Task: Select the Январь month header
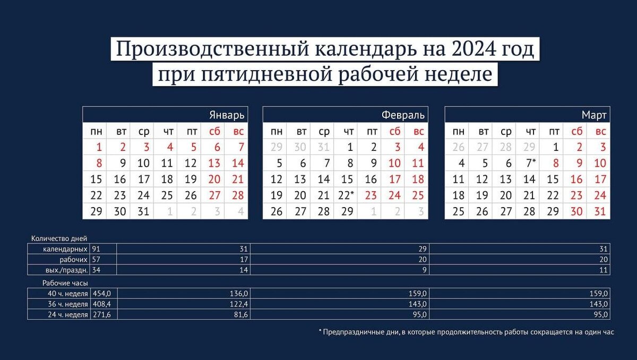(x=227, y=115)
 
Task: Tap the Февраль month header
(x=403, y=115)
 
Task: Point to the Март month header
(x=595, y=115)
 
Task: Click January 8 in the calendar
(x=96, y=163)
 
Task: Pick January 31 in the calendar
(x=143, y=211)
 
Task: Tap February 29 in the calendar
(x=348, y=211)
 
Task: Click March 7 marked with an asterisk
(x=530, y=163)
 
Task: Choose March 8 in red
(x=553, y=163)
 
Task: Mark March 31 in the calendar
(x=600, y=211)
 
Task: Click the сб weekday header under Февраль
(x=395, y=131)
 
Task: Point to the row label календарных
(x=66, y=248)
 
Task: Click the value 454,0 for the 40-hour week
(x=101, y=293)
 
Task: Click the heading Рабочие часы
(x=65, y=283)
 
